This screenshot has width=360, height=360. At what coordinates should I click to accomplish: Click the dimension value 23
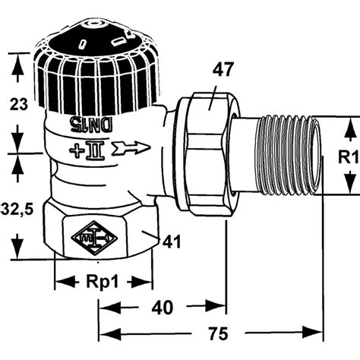point(18,104)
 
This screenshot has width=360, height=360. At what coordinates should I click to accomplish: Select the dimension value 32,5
point(17,210)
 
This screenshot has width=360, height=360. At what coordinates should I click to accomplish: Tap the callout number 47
point(222,70)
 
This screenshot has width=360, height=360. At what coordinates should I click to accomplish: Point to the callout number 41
point(172,242)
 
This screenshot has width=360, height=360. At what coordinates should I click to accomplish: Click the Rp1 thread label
point(103,282)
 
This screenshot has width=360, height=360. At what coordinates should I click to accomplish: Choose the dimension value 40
point(163,308)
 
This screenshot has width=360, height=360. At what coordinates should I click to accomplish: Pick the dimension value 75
point(218,333)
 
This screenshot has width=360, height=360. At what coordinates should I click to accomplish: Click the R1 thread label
point(349,157)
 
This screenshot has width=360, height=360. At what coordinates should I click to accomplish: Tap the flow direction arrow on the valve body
point(131,148)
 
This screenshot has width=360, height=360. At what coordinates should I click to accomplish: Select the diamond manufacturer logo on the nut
point(94,238)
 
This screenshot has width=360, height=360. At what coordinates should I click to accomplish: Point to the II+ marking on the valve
point(87,150)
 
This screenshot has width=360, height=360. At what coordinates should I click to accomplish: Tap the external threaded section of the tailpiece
point(288,155)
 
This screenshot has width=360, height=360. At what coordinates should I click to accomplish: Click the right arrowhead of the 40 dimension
point(215,307)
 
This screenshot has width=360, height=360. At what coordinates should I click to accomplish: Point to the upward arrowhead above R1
point(350,129)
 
